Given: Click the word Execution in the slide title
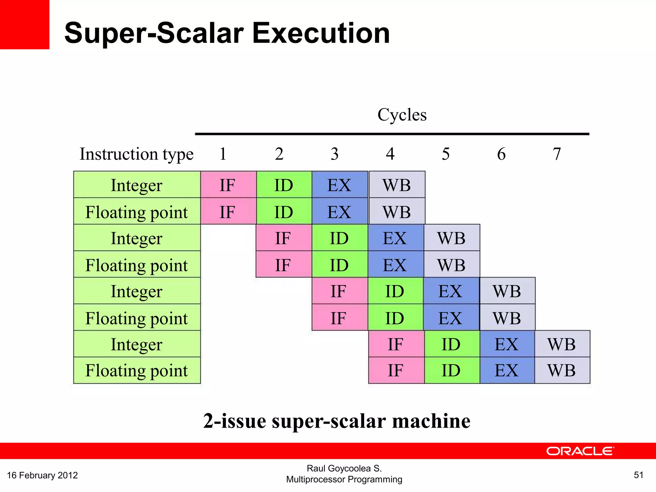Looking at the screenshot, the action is (321, 33).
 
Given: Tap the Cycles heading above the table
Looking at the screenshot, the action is (402, 115).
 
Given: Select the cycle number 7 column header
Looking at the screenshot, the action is (557, 154).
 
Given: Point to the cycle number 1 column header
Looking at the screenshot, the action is (223, 154).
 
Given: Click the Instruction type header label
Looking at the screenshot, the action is (136, 154).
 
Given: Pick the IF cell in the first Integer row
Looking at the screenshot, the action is (228, 185).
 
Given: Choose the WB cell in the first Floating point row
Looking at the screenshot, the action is (397, 212).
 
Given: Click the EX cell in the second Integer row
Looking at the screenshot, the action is (395, 238).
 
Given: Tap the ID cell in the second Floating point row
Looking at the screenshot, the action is (339, 265).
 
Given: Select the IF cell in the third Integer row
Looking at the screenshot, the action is (339, 291).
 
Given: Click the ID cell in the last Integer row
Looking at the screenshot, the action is (451, 344).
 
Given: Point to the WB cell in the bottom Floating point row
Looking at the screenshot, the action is (562, 371).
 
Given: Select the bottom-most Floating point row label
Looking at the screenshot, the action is (136, 371).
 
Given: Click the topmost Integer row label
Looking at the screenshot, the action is (136, 185).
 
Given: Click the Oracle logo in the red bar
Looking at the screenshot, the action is (580, 451).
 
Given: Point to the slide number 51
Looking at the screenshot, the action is (638, 475).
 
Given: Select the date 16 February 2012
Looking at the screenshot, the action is (42, 475).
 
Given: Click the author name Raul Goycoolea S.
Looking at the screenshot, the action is (344, 468).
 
